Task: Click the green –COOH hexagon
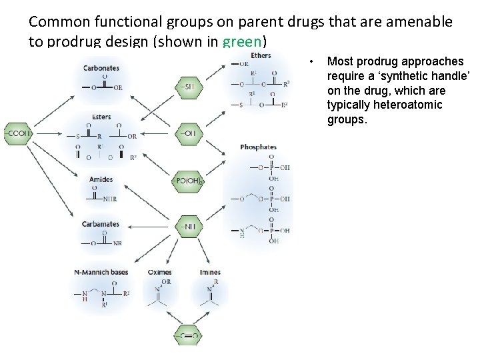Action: coord(17,134)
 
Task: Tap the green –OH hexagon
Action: coord(188,134)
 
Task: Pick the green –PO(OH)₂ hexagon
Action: coord(188,181)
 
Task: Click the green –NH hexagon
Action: coord(188,227)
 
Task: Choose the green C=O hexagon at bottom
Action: coord(188,337)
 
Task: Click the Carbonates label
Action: coord(101,68)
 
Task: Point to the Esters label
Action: coord(101,117)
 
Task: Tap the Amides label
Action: coord(101,179)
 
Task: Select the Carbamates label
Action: coord(101,224)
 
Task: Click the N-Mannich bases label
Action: coord(101,272)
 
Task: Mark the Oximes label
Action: coord(159,272)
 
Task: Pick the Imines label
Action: coord(210,272)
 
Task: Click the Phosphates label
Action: coord(258,147)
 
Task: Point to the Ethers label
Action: coord(261,55)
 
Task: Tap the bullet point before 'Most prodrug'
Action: coord(312,61)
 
